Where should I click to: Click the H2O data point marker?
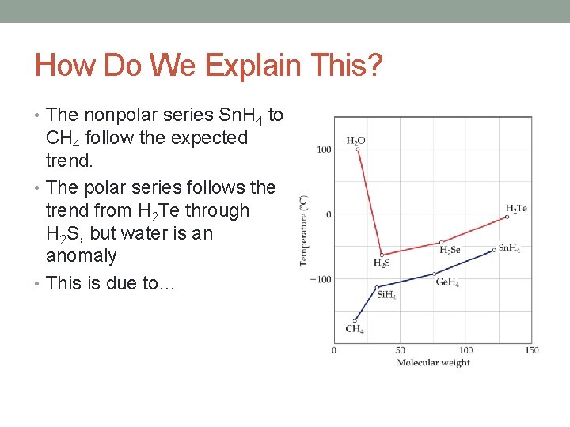tap(357, 149)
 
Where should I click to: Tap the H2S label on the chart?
tap(382, 263)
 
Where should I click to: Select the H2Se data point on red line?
tap(441, 242)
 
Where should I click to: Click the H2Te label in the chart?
tap(516, 209)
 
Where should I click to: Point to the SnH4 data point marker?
tap(494, 250)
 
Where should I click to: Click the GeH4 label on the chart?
tap(447, 283)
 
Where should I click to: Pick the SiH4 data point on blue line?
tap(377, 286)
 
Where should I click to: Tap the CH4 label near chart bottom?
tap(355, 329)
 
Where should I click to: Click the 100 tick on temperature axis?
tap(325, 149)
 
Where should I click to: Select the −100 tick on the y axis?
tap(321, 278)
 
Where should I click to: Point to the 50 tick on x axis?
tap(400, 350)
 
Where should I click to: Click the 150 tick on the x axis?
tap(531, 350)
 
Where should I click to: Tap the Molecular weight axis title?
tap(433, 363)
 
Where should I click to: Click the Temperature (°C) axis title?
tap(304, 231)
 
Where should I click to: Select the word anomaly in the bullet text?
tap(82, 256)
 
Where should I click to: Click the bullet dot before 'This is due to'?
tap(39, 283)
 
